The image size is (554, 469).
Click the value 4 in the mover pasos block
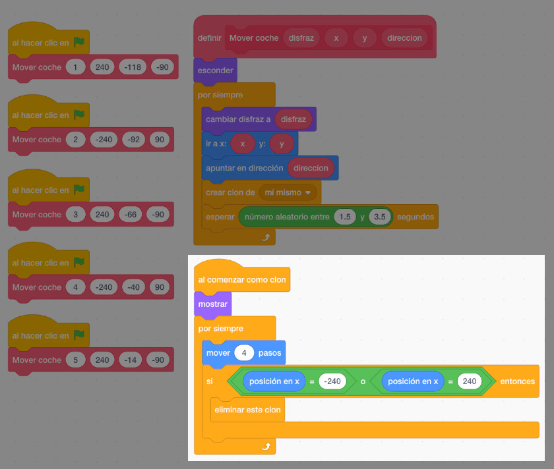coord(244,353)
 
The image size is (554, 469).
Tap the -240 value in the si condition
coord(332,381)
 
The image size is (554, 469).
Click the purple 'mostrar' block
coord(213,304)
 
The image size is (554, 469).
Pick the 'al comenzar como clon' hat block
coord(242,279)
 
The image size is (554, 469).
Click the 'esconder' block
coord(215,70)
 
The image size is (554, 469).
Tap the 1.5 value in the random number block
coord(344,216)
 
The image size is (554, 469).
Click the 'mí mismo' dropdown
coord(288,192)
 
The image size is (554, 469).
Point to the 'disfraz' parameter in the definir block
coord(301,38)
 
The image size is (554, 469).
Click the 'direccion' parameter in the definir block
coord(404,38)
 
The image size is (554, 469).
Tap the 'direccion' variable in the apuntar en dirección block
coord(311,168)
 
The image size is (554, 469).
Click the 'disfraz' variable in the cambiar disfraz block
coord(293,120)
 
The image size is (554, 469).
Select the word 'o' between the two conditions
coord(363,381)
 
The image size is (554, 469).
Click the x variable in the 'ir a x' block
coord(243,144)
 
